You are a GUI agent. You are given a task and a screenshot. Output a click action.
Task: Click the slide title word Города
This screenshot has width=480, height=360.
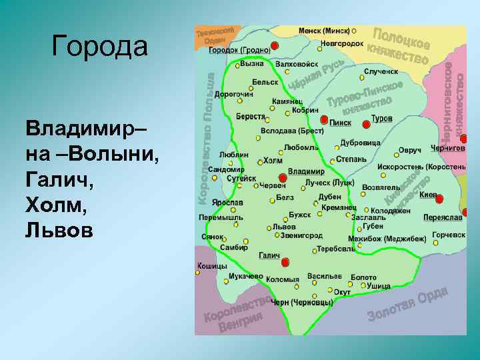coord(99,47)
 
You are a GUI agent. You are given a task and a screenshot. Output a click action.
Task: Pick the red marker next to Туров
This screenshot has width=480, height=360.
coord(365,125)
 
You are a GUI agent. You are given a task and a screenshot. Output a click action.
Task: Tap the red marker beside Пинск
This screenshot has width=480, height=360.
coord(324,120)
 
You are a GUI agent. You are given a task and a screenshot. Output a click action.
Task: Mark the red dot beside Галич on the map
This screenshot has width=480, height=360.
coord(285,262)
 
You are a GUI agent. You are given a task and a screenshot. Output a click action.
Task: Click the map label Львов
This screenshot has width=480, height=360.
coord(285,227)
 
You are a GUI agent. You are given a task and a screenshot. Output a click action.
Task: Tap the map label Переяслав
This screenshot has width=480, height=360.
coord(442,217)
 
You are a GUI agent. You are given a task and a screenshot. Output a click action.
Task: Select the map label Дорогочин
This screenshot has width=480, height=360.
coord(234,95)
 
